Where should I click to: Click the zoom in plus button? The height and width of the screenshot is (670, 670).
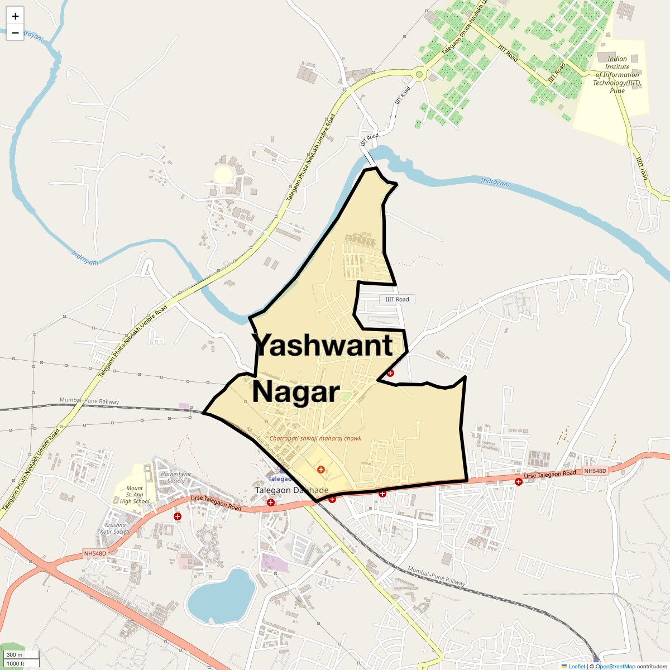click(15, 16)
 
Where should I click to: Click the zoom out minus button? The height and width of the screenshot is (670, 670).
click(15, 33)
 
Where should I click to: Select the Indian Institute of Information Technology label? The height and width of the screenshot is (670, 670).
click(617, 74)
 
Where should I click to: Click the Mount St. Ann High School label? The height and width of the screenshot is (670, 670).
click(135, 495)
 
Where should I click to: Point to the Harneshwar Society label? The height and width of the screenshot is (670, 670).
click(176, 477)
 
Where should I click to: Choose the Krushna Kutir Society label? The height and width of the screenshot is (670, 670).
click(115, 528)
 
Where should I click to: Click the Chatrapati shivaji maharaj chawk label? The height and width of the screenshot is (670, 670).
click(315, 438)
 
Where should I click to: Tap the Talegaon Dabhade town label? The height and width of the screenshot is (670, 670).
click(292, 490)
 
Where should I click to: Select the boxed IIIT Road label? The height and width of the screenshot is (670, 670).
click(397, 299)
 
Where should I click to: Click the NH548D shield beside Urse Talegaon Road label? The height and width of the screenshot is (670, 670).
click(595, 471)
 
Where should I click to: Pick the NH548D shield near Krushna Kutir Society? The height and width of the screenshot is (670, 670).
click(95, 553)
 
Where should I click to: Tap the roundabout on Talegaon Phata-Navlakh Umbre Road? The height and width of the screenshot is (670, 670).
click(419, 73)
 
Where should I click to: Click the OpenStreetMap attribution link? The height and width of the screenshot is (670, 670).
click(615, 666)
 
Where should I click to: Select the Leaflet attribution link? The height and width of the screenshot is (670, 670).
click(576, 666)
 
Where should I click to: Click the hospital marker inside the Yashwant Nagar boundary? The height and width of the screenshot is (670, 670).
click(321, 470)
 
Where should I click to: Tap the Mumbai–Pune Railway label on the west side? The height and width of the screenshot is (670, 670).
click(89, 401)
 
